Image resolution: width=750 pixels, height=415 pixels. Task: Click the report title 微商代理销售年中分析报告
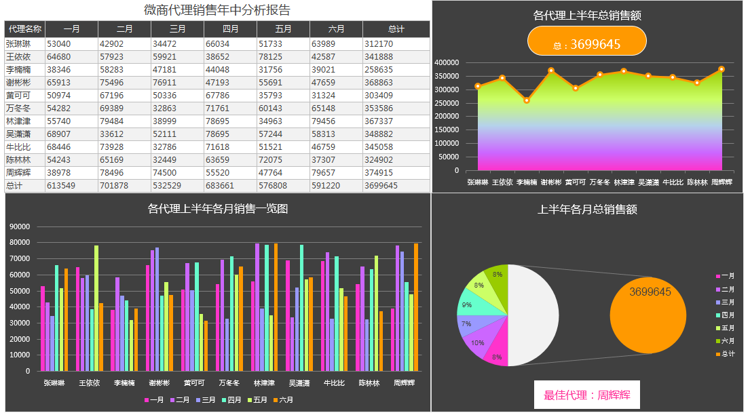tap(217, 10)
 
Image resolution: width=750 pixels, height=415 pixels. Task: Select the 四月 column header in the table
tap(230, 29)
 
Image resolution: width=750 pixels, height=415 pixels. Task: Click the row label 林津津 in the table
tap(19, 121)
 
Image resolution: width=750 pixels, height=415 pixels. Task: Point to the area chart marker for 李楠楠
tap(527, 100)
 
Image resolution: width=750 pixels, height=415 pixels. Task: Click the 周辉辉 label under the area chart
tap(721, 182)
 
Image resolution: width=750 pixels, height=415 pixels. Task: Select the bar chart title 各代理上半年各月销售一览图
tap(217, 209)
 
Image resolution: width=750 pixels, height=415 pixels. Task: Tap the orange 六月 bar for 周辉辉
tap(416, 307)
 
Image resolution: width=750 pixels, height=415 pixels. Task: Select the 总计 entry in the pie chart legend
tap(726, 354)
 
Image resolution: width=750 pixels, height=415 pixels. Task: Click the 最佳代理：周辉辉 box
tap(587, 395)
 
